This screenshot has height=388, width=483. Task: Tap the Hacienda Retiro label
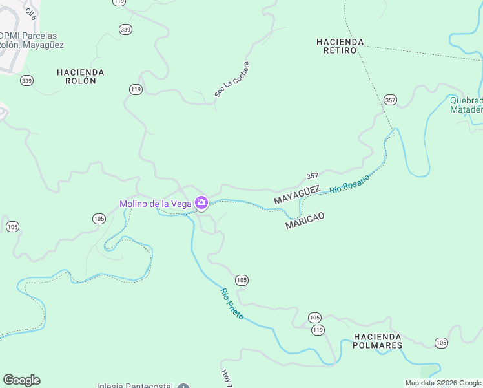tap(340, 46)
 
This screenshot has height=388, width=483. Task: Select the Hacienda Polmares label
tap(378, 341)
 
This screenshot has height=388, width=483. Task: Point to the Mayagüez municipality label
tap(297, 195)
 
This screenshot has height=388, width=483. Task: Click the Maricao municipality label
tap(305, 221)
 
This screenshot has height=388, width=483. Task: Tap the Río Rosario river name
tap(349, 184)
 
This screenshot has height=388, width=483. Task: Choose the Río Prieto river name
tap(232, 304)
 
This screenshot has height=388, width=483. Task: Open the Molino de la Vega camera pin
tap(201, 203)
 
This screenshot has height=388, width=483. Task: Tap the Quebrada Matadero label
tap(466, 105)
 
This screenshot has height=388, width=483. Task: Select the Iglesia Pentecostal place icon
tap(184, 385)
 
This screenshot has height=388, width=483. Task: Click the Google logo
tap(21, 380)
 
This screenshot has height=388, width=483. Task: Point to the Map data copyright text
tap(444, 383)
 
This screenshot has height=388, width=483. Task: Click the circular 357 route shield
tap(389, 100)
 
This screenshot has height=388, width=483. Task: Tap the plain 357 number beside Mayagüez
tap(313, 176)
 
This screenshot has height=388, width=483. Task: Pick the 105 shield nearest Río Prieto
tap(241, 280)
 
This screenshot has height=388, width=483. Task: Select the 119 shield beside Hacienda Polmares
tap(318, 330)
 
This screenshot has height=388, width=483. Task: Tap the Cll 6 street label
tap(30, 11)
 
